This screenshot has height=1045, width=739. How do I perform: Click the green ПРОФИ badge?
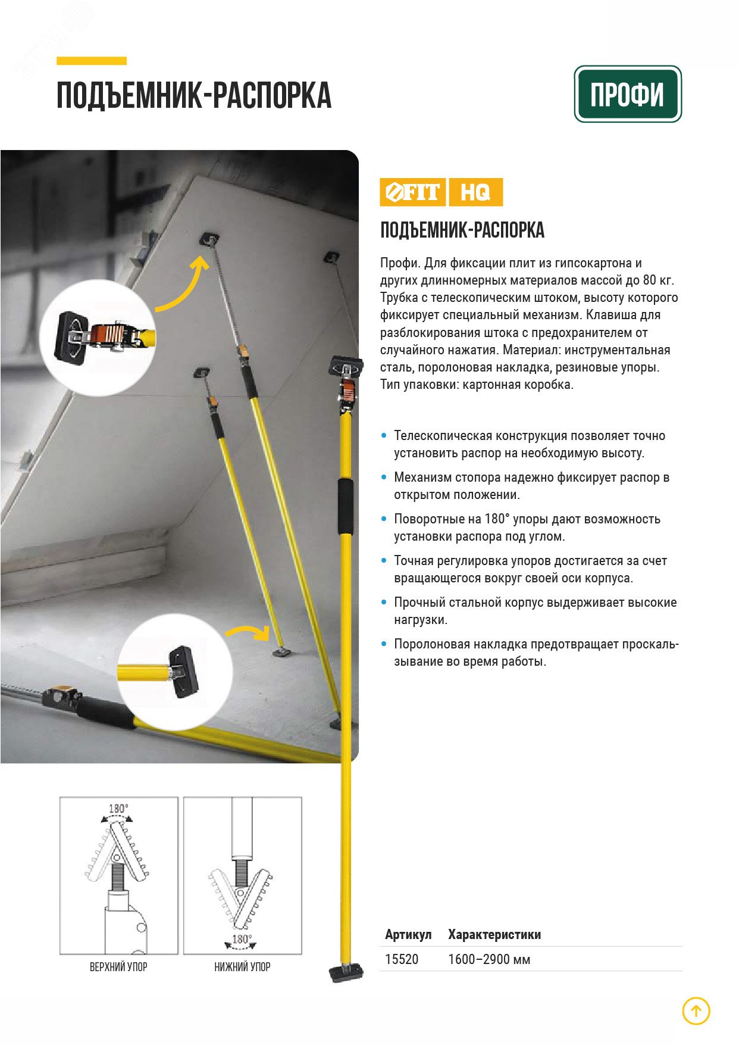click(628, 94)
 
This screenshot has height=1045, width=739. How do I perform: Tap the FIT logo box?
click(412, 192)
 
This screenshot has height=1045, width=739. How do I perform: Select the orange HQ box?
click(475, 192)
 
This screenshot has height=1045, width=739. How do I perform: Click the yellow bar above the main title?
click(92, 61)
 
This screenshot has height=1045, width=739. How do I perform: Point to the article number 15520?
click(402, 959)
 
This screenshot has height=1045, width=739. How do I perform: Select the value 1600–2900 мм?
click(489, 959)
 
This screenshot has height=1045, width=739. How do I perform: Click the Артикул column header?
click(408, 935)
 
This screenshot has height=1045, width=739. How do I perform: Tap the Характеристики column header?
click(494, 935)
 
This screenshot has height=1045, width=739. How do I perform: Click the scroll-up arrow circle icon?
click(696, 1010)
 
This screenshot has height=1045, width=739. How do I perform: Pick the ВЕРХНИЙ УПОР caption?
click(118, 967)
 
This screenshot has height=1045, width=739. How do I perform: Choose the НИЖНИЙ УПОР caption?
click(242, 967)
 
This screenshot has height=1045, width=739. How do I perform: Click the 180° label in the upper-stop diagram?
click(118, 809)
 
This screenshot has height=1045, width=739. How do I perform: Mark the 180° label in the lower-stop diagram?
click(241, 939)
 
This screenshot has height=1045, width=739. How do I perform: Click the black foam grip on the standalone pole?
click(345, 506)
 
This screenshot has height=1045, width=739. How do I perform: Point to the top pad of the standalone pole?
click(346, 366)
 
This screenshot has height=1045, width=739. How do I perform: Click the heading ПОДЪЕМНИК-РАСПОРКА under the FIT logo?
click(462, 230)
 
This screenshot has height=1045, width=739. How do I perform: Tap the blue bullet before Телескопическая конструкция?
click(384, 436)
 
